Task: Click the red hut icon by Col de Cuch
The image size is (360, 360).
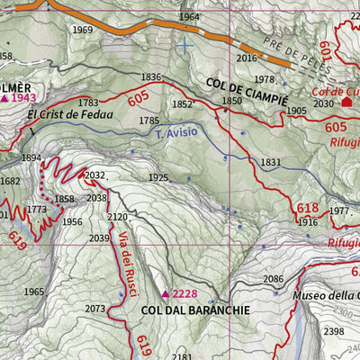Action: (x=347, y=103)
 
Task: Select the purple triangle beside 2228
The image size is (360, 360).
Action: (x=166, y=293)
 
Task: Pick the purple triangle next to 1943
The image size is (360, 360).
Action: (x=4, y=97)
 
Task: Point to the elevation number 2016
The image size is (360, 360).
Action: (x=247, y=58)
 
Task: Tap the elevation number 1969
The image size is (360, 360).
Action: (x=83, y=30)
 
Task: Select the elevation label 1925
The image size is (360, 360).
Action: (x=158, y=177)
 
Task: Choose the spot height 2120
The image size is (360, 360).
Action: (x=118, y=217)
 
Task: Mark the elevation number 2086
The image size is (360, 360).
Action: (x=274, y=280)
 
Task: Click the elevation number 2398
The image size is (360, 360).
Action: (x=334, y=332)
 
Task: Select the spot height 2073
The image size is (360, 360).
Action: (x=95, y=309)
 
